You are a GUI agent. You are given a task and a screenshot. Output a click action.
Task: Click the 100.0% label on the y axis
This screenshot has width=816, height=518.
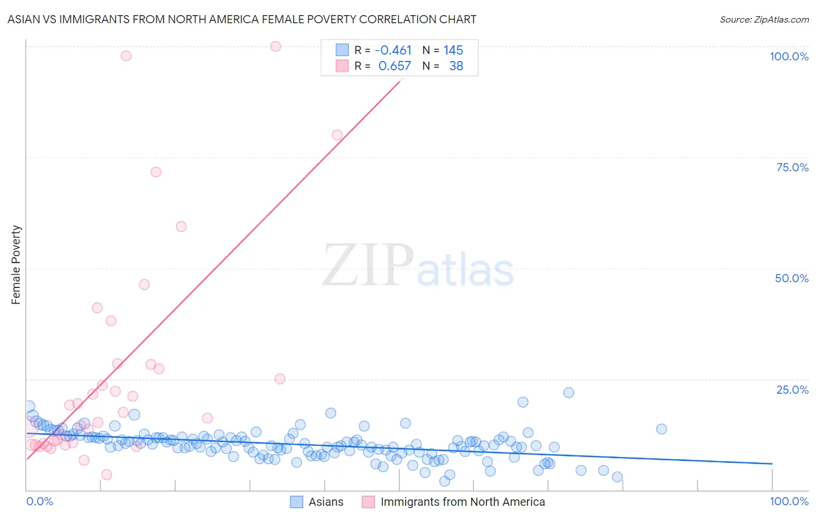tap(789, 56)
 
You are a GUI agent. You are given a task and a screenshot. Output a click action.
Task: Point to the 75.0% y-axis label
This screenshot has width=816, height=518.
tap(792, 167)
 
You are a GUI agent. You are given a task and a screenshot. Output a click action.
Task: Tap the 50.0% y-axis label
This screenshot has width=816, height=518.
tap(792, 278)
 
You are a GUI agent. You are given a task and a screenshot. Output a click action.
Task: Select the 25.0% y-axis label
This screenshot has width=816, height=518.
tap(792, 390)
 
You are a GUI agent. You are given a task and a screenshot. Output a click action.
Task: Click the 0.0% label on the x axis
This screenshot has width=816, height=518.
tap(39, 501)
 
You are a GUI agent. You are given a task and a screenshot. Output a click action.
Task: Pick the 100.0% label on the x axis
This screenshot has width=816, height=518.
tap(789, 501)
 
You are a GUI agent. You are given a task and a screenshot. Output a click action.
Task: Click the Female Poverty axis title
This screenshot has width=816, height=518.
tap(16, 265)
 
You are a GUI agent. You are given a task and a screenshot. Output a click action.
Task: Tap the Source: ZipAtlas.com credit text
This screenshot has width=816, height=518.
tap(764, 20)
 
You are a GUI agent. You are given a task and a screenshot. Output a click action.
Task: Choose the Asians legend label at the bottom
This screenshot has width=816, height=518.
tap(326, 502)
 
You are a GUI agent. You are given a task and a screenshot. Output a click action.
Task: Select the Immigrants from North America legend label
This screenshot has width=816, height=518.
tap(463, 502)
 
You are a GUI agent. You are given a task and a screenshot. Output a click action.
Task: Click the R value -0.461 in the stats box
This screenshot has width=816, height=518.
tap(393, 51)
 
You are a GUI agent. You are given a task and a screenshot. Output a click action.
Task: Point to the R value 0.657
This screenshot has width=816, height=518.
tap(395, 66)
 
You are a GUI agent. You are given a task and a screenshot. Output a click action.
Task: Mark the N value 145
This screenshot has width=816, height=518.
tap(453, 51)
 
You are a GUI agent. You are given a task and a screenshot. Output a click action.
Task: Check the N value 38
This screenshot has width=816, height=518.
tap(456, 66)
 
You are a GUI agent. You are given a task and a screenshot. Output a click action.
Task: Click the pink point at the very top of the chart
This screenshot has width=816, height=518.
tap(276, 46)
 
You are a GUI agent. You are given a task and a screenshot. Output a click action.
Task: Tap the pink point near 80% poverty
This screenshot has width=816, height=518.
tap(337, 135)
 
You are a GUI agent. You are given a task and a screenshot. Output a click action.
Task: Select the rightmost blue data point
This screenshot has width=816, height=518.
tap(661, 429)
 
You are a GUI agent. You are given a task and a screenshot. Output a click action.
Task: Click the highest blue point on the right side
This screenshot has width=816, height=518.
tap(569, 393)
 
